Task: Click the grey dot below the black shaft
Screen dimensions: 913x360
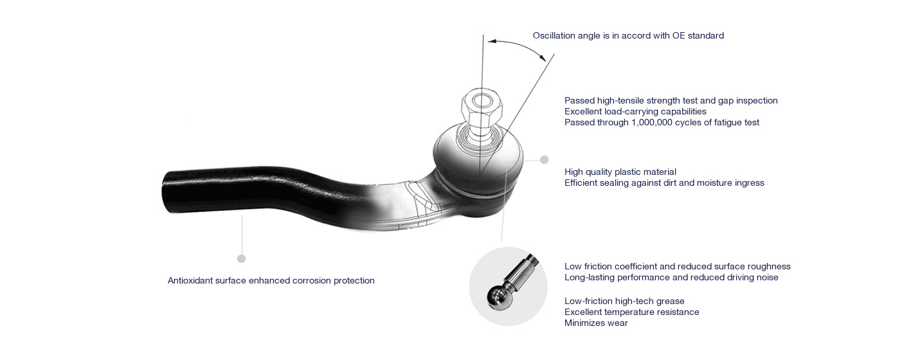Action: coord(241,258)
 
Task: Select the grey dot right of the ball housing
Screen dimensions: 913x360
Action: coord(544,160)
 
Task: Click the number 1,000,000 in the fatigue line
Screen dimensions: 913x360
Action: coord(652,122)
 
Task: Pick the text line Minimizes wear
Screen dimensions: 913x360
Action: coord(596,323)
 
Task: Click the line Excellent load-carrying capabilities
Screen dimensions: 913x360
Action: coord(635,111)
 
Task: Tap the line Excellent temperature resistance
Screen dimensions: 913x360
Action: coord(632,312)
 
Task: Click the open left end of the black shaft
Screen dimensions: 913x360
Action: coord(166,192)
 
